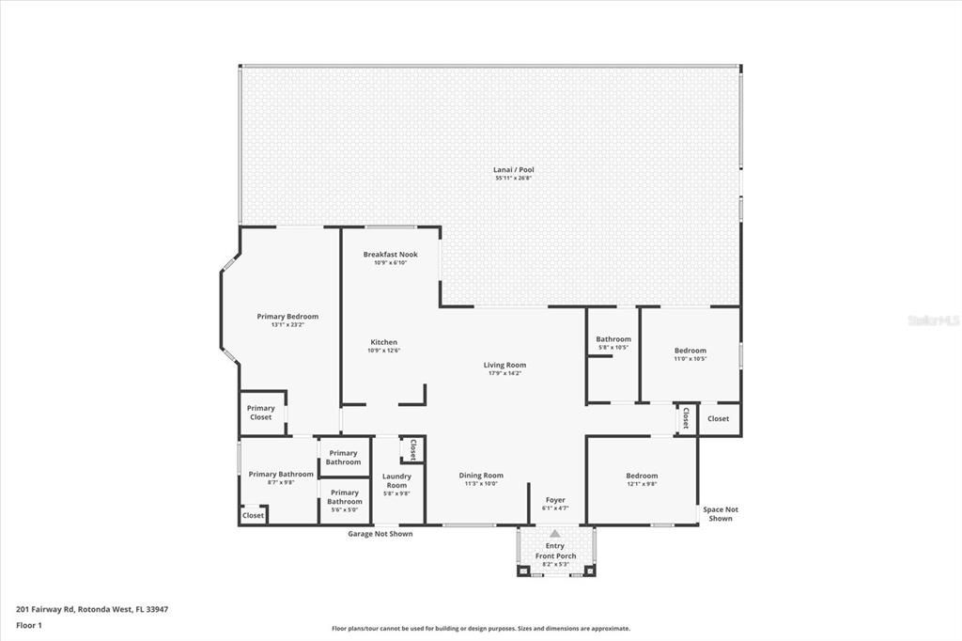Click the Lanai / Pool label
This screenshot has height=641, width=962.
coord(514,170)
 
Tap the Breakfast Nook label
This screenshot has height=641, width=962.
coord(390,255)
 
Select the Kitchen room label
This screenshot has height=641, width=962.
coord(383,342)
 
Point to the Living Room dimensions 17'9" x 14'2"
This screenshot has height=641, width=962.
coord(504,373)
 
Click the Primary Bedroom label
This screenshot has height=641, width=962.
coord(287,317)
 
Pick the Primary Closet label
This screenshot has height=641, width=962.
coord(261,413)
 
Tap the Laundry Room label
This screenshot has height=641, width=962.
coord(396,480)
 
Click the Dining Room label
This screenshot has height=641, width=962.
coord(481,476)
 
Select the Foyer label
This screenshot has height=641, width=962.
coord(555,500)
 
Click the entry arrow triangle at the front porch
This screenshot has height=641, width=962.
coord(555,534)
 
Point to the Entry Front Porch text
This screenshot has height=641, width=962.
coord(555,551)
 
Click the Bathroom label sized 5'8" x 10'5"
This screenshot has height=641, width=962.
coord(613,339)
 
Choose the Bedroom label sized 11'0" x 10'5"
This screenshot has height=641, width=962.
coord(690,351)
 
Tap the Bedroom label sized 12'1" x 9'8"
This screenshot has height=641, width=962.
coord(642,476)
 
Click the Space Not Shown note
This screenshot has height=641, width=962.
coord(721,514)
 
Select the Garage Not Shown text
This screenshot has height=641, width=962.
coord(380,534)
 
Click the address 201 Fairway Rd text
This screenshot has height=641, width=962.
coord(92,609)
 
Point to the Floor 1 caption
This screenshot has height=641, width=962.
coord(29,624)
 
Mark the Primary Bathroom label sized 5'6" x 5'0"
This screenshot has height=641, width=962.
coord(345,496)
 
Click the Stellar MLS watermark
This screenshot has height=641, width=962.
coord(932,320)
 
